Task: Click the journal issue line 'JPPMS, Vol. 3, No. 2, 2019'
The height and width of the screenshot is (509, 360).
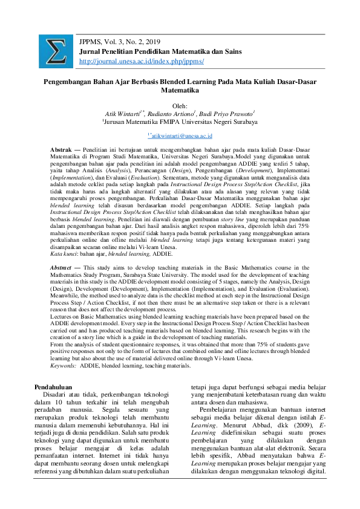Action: (x=120, y=41)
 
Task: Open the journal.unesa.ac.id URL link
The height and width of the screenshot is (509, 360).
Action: (x=142, y=61)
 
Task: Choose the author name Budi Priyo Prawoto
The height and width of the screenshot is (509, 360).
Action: (x=227, y=113)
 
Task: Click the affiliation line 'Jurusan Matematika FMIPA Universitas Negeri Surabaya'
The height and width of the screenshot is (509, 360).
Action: (x=180, y=122)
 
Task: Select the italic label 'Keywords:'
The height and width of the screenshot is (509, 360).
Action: (x=64, y=366)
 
